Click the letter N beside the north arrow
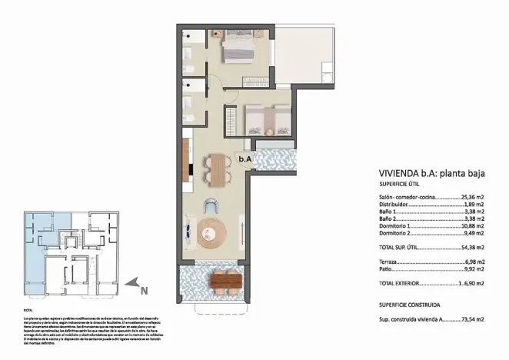(x=145, y=290)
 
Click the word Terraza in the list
(x=390, y=262)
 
